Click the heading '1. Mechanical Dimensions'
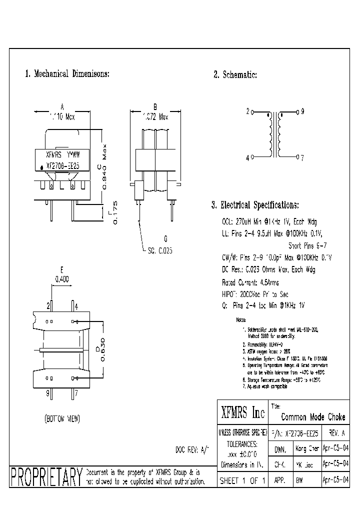[67, 74]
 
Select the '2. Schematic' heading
[235, 75]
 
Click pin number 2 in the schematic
[247, 111]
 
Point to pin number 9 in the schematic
[302, 111]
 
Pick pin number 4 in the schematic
[247, 157]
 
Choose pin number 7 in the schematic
[302, 157]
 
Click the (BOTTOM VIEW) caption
[62, 418]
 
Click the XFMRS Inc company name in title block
[243, 412]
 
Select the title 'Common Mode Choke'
[313, 417]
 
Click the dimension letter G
[165, 238]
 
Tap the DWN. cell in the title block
[280, 449]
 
